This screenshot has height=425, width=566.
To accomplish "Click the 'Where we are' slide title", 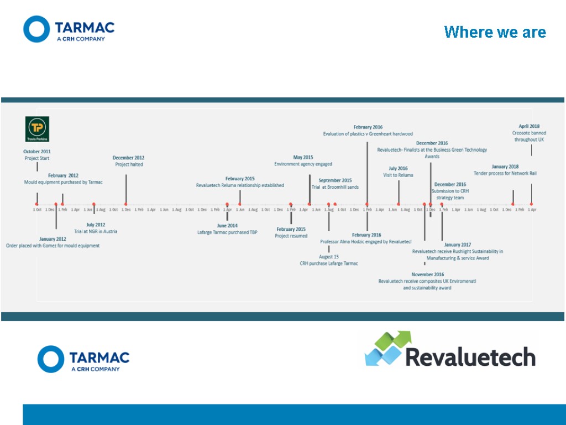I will tap(495, 32).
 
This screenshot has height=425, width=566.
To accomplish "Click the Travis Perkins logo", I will tap(38, 129).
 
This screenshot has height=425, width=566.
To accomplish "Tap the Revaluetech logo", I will tap(450, 349).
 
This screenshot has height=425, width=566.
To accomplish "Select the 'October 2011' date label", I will tap(37, 152).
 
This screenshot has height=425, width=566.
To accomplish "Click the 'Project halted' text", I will tap(129, 164).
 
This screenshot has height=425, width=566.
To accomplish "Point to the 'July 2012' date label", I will tap(96, 225).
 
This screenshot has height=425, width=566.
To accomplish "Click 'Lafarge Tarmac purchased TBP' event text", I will tap(227, 232).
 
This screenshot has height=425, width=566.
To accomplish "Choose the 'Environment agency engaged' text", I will tap(303, 164).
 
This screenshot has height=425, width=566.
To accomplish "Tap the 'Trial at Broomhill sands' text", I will tap(335, 187).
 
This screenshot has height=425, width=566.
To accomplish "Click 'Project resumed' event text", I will tap(291, 236).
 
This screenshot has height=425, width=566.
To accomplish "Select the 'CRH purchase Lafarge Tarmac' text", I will tap(329, 263).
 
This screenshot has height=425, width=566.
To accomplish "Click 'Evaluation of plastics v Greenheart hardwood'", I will tap(368, 134).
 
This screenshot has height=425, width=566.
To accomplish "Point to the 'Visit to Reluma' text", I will tap(398, 175).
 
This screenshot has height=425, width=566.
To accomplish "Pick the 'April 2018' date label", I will tap(529, 126).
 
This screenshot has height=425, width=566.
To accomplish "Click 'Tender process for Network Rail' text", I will tap(505, 173).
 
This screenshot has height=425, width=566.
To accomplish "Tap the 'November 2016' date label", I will tap(427, 274).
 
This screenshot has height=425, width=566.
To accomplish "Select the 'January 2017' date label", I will tap(457, 245).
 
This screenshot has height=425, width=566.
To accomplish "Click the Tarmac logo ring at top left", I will tap(36, 29).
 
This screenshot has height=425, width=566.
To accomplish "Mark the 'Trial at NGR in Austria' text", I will tap(96, 231).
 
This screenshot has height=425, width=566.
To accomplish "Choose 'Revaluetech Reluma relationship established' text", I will tap(240, 185).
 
